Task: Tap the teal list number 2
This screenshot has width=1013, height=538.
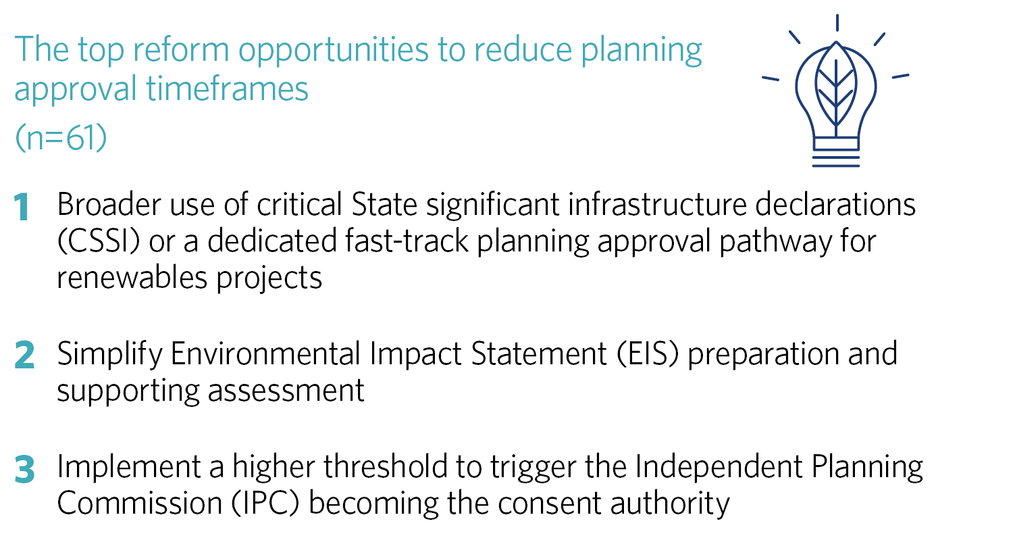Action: [24, 356]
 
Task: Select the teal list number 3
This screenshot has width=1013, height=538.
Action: [24, 469]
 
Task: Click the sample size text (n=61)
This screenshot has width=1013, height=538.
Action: [61, 138]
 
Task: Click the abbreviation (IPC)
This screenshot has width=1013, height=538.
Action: [265, 504]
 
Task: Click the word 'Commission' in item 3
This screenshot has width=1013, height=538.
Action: [140, 503]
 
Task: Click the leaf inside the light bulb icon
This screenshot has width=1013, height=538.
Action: [836, 86]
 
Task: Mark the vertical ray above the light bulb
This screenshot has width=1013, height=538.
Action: [837, 22]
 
